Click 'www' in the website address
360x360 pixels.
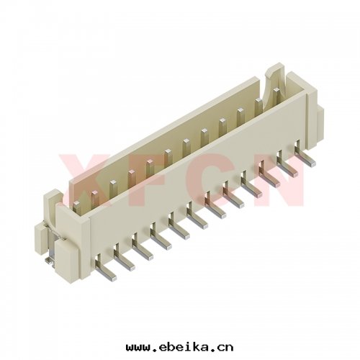(x=138, y=348)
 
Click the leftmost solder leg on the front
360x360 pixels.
(x=105, y=269)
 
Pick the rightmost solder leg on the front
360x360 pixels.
(x=305, y=153)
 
